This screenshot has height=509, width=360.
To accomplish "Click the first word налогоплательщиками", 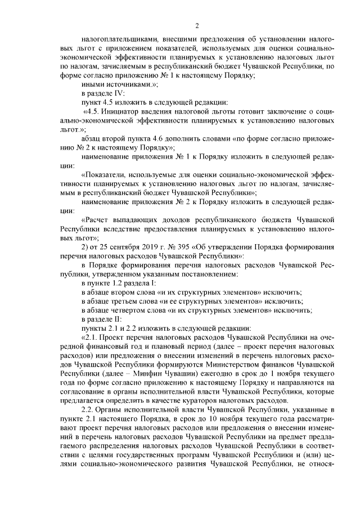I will (114, 40).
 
